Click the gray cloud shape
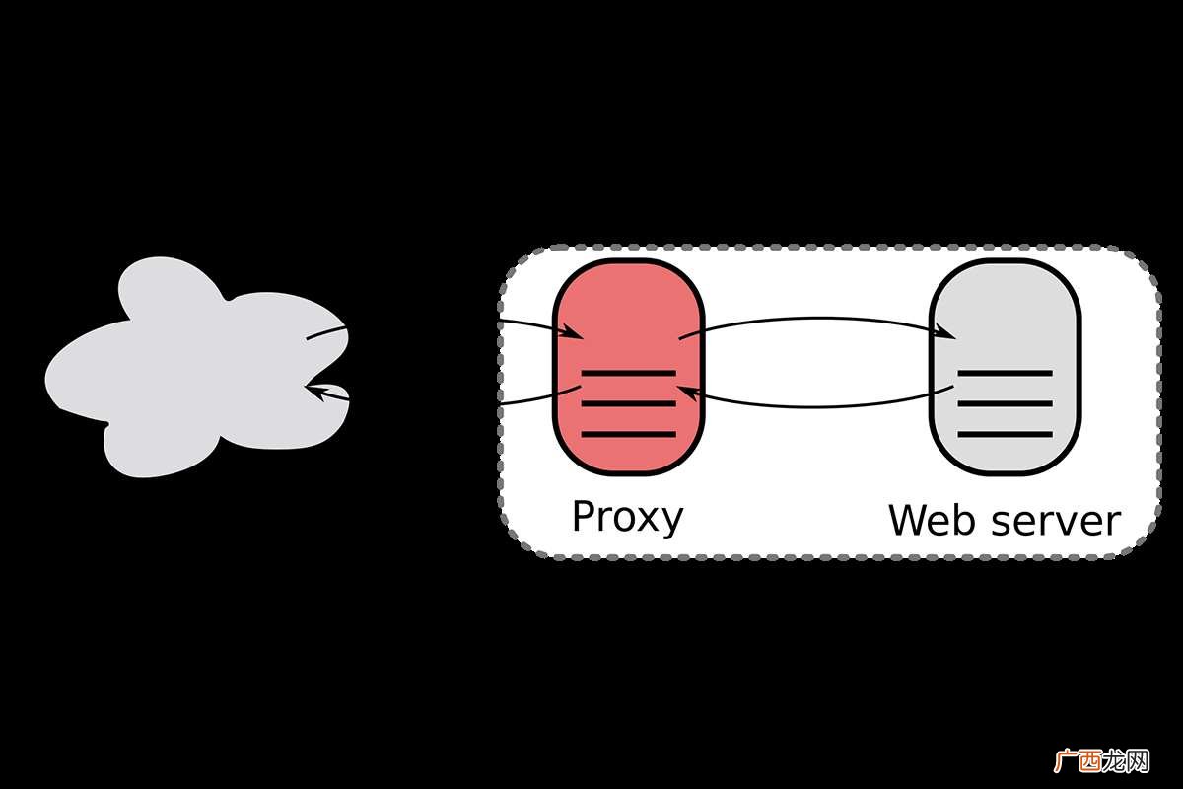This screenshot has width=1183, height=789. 195,370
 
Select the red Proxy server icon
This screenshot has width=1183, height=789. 629,367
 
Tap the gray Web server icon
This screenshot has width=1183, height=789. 1005,367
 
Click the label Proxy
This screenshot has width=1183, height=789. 627,518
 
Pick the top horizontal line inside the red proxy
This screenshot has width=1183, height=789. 629,374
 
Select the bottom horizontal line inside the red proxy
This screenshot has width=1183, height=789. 629,434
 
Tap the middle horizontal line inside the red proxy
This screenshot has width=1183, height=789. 629,403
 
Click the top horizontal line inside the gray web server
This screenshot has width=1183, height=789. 1005,374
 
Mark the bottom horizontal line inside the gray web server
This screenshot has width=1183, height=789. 1005,434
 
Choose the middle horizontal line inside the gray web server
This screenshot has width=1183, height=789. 1005,403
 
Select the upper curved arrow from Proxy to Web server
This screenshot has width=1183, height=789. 816,319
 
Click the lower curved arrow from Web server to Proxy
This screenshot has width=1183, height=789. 816,406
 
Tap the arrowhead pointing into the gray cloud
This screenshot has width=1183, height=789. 318,393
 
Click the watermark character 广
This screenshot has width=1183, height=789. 1066,761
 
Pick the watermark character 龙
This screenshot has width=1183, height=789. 1114,761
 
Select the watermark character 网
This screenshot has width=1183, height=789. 1138,761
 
